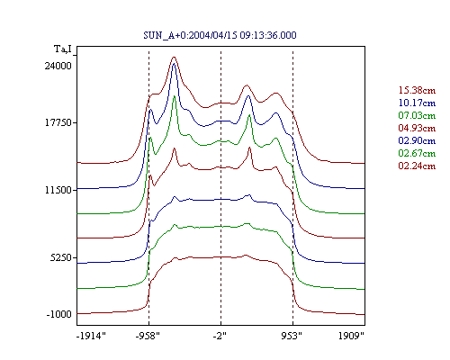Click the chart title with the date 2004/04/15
tap(220, 35)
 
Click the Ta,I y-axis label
tap(63, 49)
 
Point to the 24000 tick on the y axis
tap(58, 66)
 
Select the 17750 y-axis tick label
tap(58, 123)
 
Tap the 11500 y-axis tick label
tap(58, 190)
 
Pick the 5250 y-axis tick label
tap(61, 257)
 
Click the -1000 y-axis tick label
tap(59, 314)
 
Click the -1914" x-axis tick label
tap(92, 336)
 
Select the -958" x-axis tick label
tap(148, 336)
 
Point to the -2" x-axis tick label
tap(220, 336)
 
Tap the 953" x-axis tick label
tap(292, 336)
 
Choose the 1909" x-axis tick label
tap(351, 336)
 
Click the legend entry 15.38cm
tap(417, 90)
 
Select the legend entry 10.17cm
tap(417, 103)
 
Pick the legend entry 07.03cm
tap(417, 115)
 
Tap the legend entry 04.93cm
tap(417, 128)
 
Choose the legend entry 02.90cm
tap(417, 140)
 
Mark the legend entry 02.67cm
tap(417, 153)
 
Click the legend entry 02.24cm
tap(417, 166)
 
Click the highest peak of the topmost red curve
tap(174, 57)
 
